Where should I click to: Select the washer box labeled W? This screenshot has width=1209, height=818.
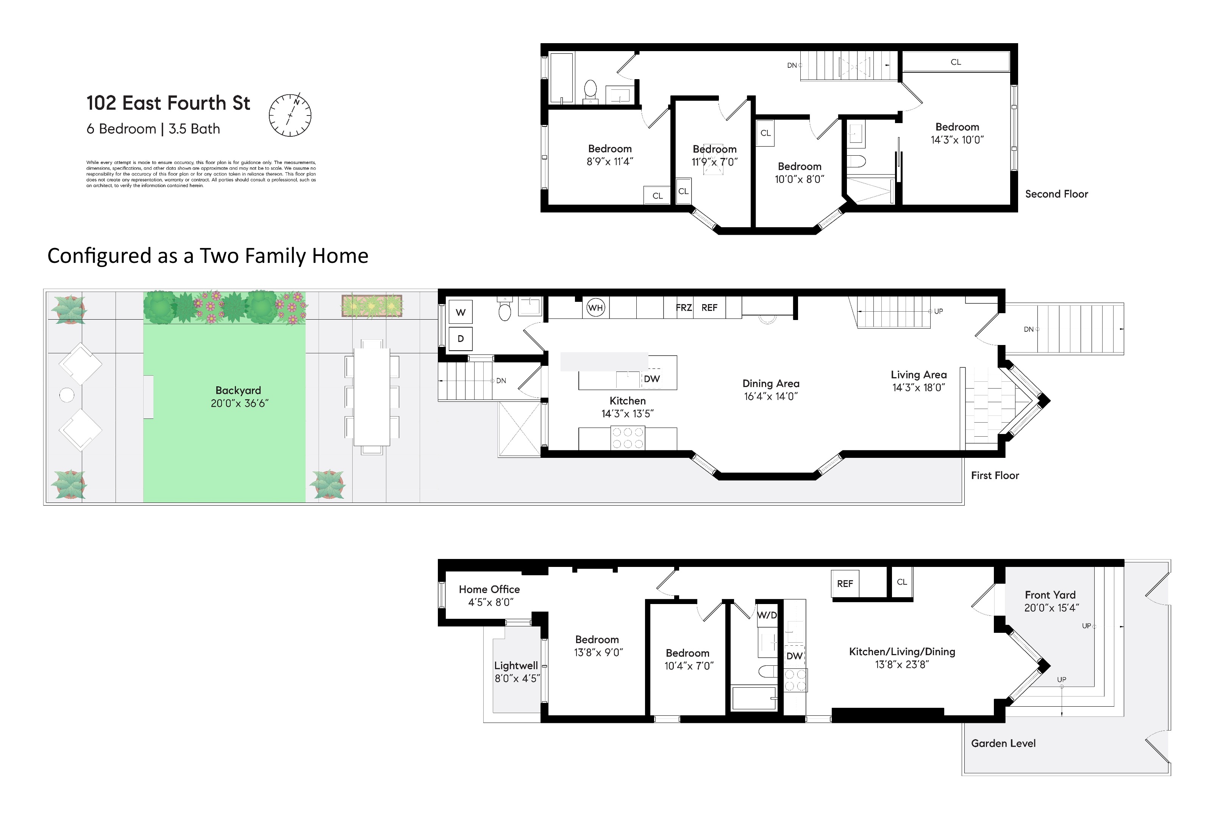(461, 312)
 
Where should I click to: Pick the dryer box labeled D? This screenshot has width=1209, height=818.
(461, 339)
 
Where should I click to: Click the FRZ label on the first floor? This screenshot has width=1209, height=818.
(684, 308)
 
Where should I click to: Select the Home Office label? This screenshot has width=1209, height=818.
(489, 589)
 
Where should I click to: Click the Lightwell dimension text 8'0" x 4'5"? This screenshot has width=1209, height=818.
(517, 678)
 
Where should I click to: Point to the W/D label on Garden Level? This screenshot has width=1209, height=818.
(767, 615)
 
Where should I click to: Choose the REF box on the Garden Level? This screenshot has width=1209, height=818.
(845, 584)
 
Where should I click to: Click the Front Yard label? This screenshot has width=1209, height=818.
(1050, 595)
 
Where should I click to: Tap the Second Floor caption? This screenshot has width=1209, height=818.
(1057, 194)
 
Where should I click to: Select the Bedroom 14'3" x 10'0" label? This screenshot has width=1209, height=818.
(957, 133)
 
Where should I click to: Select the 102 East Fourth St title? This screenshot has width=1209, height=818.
(168, 103)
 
